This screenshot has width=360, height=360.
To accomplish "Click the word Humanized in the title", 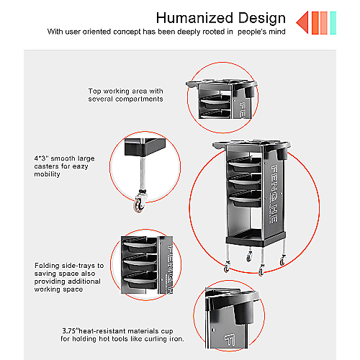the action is pos(194,18).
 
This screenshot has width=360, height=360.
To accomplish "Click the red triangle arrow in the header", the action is pos(302,22).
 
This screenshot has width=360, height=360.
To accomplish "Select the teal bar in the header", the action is pos(333,23).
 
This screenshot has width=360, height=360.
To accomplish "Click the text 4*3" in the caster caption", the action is pos(41,158).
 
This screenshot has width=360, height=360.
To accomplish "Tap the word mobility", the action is pos(47,174).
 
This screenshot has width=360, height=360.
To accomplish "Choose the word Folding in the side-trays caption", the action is pos(47,266).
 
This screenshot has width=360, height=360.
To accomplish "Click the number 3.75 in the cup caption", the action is pos(69,331).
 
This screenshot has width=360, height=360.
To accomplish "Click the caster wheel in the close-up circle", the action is pos(139,204).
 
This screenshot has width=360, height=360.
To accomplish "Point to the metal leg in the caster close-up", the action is pos(143,173).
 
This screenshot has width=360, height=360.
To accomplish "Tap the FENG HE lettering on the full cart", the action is pos(274,194).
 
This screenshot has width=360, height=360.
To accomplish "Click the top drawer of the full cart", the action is pos(244,165).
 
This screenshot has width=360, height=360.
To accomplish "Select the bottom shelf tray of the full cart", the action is pos(256,238).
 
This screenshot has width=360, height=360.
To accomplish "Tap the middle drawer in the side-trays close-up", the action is pos(140,263).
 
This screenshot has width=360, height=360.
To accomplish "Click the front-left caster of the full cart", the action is pos(227,267).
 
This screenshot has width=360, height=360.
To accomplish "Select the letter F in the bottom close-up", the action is pos(230,341).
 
